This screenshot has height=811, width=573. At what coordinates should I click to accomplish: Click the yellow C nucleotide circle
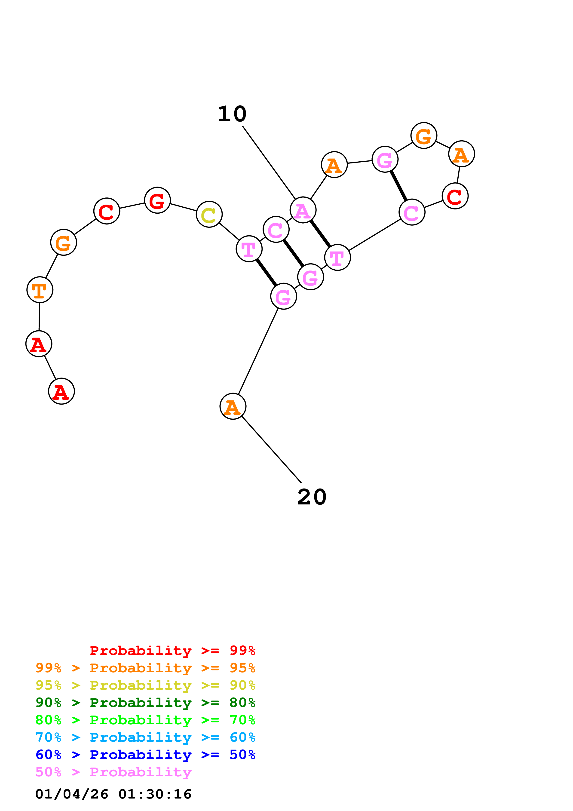[209, 214]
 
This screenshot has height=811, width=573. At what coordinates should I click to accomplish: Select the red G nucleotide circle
[157, 200]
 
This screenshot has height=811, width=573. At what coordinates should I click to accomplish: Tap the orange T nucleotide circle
[40, 290]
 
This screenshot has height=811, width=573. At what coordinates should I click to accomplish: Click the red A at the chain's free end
[61, 391]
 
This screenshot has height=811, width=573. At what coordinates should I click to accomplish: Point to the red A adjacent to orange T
[39, 344]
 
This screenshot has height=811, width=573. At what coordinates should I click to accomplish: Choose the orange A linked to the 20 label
[233, 406]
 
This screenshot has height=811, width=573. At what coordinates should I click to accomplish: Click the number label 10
[232, 114]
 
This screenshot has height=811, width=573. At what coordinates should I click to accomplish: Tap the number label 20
[312, 497]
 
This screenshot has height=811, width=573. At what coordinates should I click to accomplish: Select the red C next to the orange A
[455, 196]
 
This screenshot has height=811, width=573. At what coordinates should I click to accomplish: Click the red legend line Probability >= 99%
[172, 651]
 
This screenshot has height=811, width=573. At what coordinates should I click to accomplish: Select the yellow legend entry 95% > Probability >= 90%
[145, 685]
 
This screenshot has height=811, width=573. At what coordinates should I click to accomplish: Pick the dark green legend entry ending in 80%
[145, 703]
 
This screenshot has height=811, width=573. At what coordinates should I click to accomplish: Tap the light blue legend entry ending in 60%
[145, 737]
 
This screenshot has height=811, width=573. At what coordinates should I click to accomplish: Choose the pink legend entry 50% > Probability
[113, 772]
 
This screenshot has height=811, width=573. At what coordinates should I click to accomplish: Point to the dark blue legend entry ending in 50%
[145, 755]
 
